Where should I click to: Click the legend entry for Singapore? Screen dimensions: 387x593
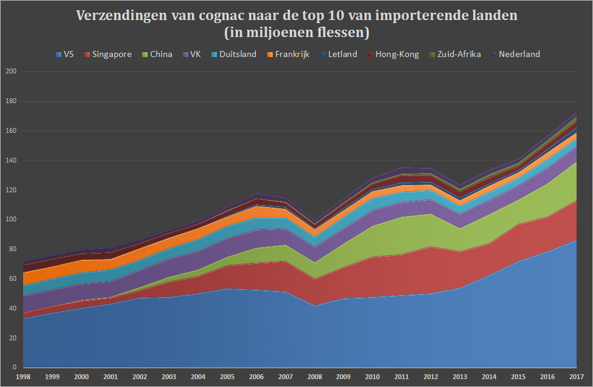109,54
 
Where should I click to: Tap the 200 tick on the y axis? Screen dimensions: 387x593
11,72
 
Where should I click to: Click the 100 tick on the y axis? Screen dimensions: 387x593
11,220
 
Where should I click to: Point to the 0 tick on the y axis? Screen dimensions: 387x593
15,368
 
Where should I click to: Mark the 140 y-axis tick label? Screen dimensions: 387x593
11,160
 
